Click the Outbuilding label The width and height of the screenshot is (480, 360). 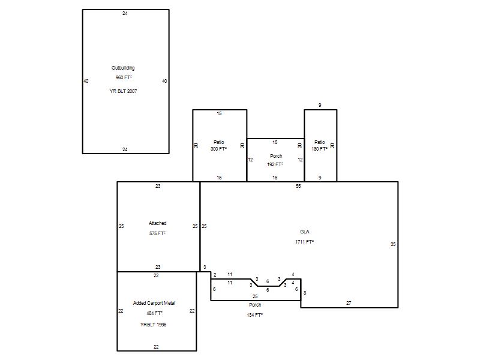123,68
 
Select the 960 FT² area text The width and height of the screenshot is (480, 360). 124,77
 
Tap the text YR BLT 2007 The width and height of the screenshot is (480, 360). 124,91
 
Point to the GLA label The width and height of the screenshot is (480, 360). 305,232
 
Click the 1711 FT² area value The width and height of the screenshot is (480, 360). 305,242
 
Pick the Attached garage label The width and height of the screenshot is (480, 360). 158,223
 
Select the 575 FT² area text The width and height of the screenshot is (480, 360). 157,233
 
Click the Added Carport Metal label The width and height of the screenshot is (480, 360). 154,303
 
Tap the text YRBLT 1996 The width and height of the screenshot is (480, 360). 154,325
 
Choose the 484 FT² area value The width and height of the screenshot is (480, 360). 154,313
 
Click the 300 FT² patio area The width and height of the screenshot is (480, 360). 218,149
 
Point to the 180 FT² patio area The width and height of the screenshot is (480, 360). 320,149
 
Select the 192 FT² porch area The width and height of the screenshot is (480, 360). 275,164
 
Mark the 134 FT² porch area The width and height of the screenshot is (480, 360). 254,315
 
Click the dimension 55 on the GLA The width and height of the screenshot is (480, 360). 298,186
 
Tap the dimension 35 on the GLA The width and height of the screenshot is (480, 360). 393,244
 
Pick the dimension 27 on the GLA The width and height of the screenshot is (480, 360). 349,303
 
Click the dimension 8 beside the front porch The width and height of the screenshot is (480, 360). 305,293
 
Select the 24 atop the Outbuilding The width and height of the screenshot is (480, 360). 125,13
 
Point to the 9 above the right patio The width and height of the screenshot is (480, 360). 320,106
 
